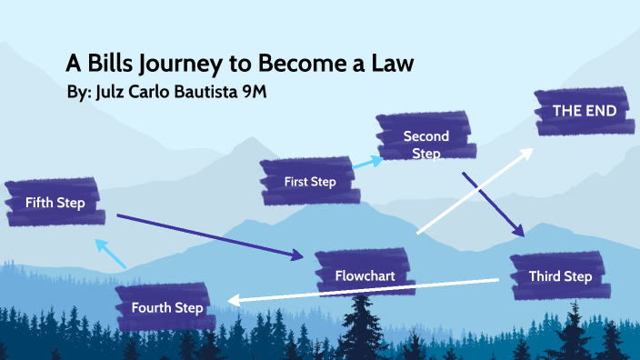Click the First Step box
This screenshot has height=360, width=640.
point(309,182)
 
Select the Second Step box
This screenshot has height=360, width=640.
point(425,144)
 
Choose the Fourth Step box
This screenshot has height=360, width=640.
point(166,307)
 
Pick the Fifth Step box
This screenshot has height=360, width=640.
point(55,203)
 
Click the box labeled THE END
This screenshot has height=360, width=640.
point(584,111)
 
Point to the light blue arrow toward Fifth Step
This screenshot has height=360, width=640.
point(111,253)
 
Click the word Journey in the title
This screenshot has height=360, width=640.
point(178,64)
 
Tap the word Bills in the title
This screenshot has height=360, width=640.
point(109,64)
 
